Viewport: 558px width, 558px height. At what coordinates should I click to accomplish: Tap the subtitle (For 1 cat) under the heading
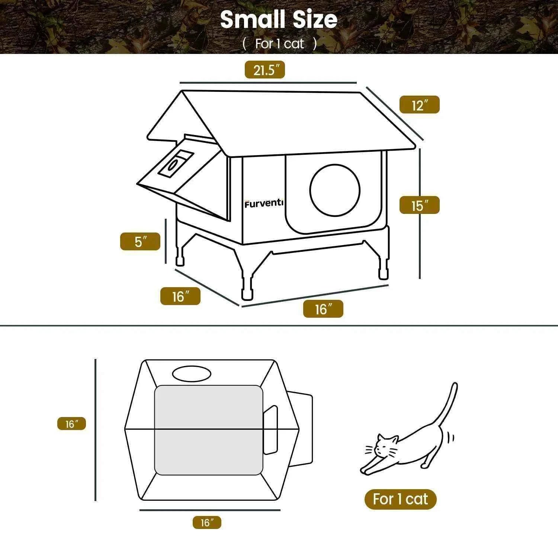tap(279, 44)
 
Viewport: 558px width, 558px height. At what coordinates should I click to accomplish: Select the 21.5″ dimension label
tap(264, 70)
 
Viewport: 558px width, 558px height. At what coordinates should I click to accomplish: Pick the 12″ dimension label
tap(419, 105)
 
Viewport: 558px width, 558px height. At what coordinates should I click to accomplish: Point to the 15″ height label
tap(419, 205)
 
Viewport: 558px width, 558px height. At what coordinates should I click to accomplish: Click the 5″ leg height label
tap(140, 241)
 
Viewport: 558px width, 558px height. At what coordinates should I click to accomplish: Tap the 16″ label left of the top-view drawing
tap(71, 424)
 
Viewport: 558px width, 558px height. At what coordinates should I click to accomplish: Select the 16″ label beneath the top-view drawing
tap(207, 522)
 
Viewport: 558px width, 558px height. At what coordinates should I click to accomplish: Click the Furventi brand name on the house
tap(264, 203)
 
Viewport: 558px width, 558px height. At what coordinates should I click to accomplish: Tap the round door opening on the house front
tap(335, 190)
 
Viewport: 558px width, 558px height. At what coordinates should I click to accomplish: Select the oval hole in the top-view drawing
tap(192, 373)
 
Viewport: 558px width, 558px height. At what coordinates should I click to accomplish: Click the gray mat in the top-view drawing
tap(209, 430)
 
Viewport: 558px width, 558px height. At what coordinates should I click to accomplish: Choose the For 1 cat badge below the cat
tap(400, 499)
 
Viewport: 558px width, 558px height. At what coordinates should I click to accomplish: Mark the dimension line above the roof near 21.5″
tap(268, 82)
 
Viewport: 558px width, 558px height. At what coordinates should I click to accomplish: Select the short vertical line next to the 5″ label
tap(166, 241)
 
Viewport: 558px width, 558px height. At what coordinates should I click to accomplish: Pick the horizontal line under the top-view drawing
tap(210, 510)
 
